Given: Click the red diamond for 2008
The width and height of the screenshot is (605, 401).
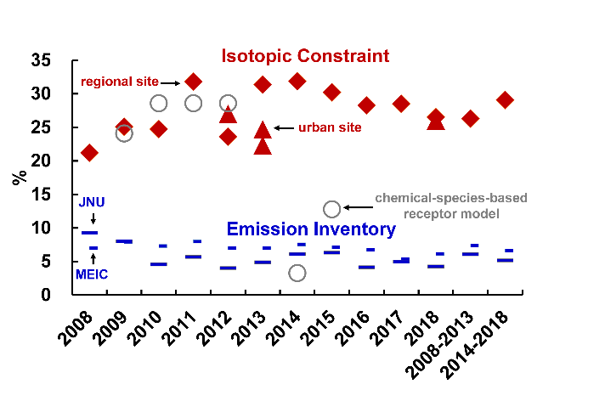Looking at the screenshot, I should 89,153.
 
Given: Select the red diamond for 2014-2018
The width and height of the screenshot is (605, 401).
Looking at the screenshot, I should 505,100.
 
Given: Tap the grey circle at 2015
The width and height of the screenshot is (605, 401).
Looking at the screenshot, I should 332,209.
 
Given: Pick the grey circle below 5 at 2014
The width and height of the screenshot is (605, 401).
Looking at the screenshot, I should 297,273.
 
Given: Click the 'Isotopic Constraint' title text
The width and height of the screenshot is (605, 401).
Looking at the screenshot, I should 305,56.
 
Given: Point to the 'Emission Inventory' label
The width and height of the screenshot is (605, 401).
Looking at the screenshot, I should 311,229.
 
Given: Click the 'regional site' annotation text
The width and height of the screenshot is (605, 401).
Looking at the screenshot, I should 119,82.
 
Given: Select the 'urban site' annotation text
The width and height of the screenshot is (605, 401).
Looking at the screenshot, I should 330,127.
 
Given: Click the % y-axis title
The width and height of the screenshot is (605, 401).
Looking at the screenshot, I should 18,178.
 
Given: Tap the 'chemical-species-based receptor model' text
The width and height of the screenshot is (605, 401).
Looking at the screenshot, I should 439,206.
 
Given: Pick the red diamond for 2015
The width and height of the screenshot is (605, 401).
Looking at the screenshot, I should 332,92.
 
